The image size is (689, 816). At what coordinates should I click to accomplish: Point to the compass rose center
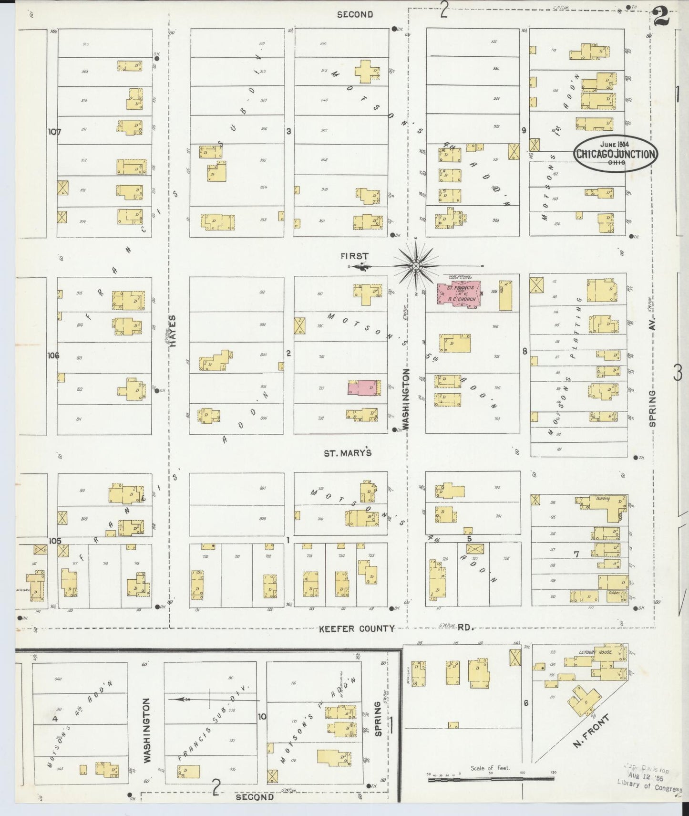click(x=416, y=266)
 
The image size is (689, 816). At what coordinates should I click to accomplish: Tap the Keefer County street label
click(x=357, y=628)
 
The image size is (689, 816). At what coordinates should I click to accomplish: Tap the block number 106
click(x=53, y=355)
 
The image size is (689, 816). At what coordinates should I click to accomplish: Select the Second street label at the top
click(x=355, y=14)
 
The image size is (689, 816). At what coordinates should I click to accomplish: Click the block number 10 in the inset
click(x=262, y=716)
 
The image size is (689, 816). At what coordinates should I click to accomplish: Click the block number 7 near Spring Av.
click(x=576, y=554)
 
